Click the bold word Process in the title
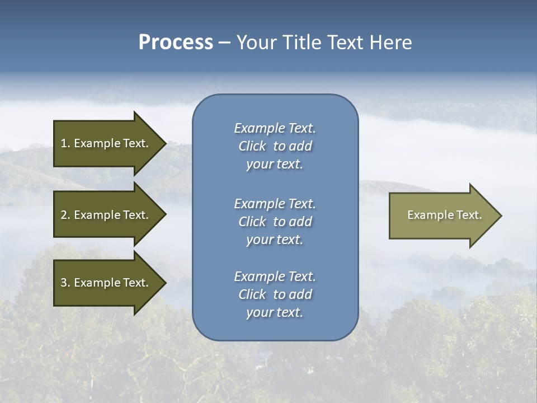176,42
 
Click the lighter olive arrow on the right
442,215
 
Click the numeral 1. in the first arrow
65,143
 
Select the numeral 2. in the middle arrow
65,215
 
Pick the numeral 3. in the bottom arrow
65,283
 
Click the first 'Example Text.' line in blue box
275,128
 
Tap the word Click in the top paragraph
252,146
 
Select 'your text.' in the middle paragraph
275,240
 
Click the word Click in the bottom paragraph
252,294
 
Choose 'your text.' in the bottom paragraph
275,312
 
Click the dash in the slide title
224,43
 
